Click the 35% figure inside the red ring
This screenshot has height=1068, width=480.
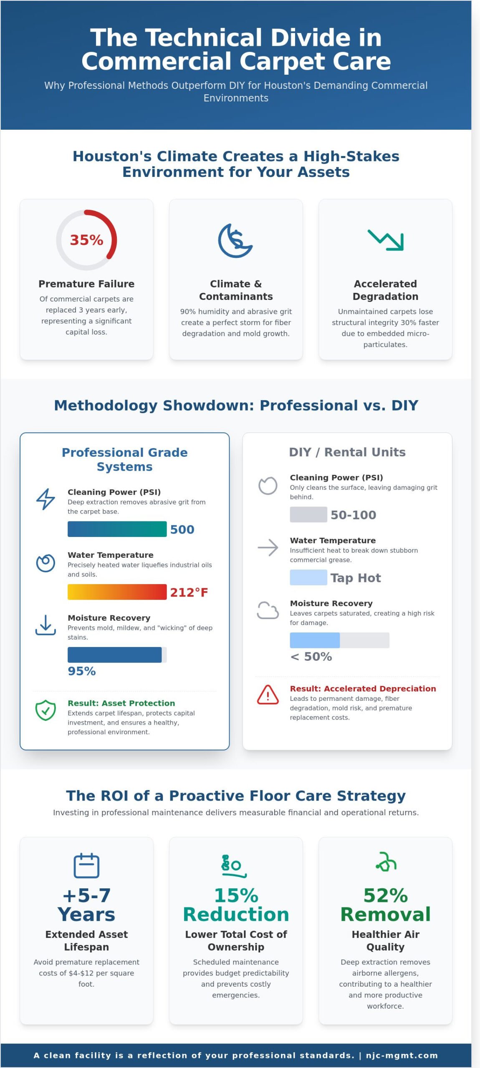pyautogui.click(x=86, y=240)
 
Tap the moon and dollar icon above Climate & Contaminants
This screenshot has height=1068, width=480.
pyautogui.click(x=235, y=241)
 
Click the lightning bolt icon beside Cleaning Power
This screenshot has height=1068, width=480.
pyautogui.click(x=45, y=499)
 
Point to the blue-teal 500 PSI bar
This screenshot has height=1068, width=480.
pyautogui.click(x=117, y=529)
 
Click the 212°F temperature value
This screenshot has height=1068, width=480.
pyautogui.click(x=189, y=592)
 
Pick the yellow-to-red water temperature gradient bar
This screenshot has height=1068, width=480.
pyautogui.click(x=117, y=592)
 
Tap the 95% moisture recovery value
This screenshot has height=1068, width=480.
pyautogui.click(x=82, y=671)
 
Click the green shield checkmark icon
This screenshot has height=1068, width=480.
pyautogui.click(x=45, y=710)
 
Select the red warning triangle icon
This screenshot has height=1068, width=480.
pyautogui.click(x=268, y=695)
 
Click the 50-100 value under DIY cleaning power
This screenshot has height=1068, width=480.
pyautogui.click(x=353, y=515)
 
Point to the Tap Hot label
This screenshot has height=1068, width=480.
pyautogui.click(x=356, y=578)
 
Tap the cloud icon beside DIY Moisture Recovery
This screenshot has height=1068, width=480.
pyautogui.click(x=268, y=610)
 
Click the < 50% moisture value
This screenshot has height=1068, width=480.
pyautogui.click(x=311, y=656)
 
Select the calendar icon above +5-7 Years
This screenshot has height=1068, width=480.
pyautogui.click(x=86, y=866)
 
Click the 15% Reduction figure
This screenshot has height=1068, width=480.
pyautogui.click(x=236, y=904)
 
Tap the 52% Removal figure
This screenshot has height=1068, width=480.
pyautogui.click(x=385, y=904)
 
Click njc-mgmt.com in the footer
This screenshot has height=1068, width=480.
pyautogui.click(x=402, y=1055)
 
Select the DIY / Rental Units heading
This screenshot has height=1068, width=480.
pyautogui.click(x=347, y=452)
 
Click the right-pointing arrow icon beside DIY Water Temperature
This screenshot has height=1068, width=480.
pyautogui.click(x=268, y=547)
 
